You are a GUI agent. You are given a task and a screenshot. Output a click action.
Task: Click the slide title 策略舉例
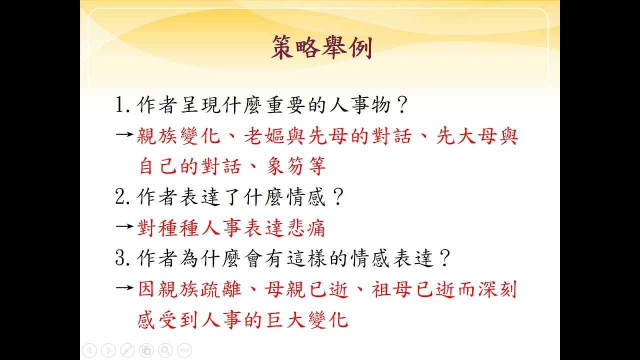pos(322,47)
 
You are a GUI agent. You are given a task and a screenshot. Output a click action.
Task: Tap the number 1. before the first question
pos(122,105)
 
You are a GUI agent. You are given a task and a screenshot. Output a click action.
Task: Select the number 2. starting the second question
pos(122,196)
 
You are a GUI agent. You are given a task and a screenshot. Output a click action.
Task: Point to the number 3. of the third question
pos(122,258)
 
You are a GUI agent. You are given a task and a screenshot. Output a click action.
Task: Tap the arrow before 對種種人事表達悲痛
pos(125,226)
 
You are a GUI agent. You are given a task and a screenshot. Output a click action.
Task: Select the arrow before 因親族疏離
pos(125,287)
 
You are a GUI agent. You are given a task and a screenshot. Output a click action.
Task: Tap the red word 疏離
pos(220,289)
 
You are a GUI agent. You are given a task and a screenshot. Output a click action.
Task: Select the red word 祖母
pos(391,289)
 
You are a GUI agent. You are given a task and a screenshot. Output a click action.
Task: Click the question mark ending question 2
pos(338,196)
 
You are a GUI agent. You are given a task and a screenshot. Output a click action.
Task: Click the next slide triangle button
pos(108,350)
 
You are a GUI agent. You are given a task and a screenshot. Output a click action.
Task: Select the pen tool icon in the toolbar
pos(127,350)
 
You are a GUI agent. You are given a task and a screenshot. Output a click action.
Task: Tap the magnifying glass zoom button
pos(165,350)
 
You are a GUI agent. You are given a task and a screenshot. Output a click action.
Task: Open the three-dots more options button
pos(184,350)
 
